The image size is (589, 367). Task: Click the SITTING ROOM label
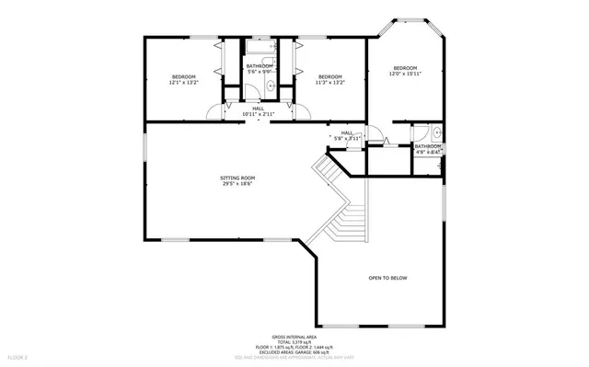[237, 178]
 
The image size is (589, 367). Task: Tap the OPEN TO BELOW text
[387, 278]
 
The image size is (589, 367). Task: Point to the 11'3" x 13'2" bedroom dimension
[329, 83]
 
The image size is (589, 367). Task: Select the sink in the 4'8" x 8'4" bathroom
[436, 133]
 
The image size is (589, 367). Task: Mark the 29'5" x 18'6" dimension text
[237, 184]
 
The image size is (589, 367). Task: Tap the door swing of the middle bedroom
[298, 109]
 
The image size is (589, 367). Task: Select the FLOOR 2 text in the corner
[18, 356]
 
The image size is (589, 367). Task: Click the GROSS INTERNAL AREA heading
[294, 337]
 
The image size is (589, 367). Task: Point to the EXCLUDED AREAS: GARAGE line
[294, 352]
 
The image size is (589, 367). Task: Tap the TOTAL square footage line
[294, 342]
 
